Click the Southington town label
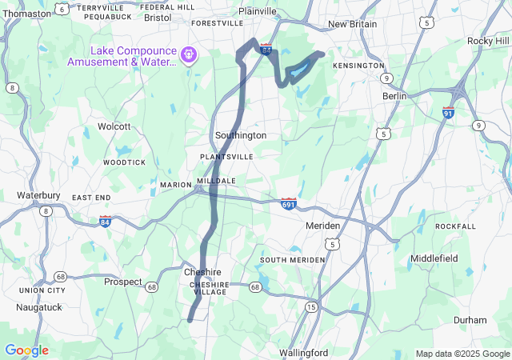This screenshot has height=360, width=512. click(240, 135)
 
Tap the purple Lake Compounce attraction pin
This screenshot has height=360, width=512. click(189, 55)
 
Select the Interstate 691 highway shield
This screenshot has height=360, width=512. click(289, 204)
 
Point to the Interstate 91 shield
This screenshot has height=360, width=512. click(448, 113)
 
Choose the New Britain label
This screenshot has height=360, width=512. click(352, 24)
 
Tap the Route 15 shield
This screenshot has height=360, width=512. click(310, 306)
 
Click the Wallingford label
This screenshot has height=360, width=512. click(304, 353)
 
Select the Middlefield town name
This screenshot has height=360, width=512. click(434, 258)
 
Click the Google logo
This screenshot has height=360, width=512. click(26, 350)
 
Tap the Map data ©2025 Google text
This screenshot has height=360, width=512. click(462, 354)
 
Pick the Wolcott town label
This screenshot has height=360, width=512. click(114, 126)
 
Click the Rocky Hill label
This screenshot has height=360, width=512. click(488, 41)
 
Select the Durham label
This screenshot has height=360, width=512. click(470, 320)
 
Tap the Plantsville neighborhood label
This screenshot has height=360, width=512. click(226, 157)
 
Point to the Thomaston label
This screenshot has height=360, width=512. click(27, 14)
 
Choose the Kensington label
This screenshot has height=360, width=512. click(358, 65)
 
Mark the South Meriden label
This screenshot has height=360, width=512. click(292, 260)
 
